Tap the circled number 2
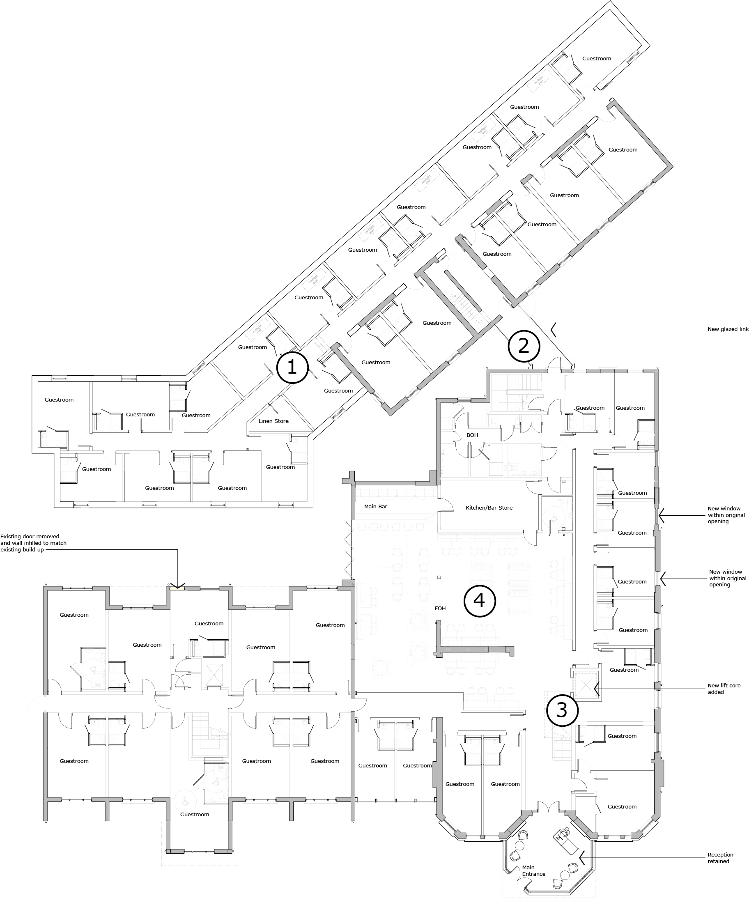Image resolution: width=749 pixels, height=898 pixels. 524,345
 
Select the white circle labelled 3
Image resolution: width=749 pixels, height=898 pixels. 562,710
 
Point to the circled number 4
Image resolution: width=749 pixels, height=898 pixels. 480,601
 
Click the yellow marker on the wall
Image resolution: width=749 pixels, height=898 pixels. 176,588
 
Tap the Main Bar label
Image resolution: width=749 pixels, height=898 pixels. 376,507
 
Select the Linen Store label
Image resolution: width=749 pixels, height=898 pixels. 274,421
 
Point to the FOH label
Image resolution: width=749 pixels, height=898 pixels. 440,608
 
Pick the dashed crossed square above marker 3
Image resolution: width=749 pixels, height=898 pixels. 586,684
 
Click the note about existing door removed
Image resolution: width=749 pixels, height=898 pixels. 33,543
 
